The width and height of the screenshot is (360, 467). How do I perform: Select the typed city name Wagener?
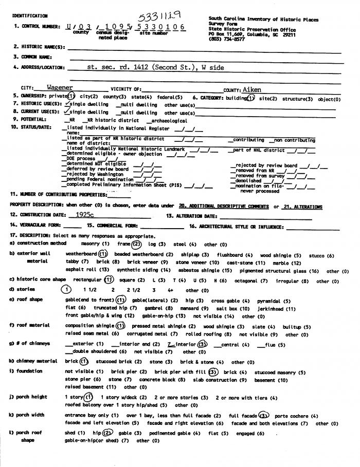coord(60,88)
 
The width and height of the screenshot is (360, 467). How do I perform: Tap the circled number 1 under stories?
coord(66,290)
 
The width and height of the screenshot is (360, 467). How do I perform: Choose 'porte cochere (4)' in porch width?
coord(297,416)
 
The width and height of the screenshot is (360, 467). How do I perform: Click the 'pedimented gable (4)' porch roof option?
coord(175,433)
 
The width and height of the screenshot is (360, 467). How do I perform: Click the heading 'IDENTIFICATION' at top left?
coord(29,16)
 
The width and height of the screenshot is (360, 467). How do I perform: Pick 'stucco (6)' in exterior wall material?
coord(321,255)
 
